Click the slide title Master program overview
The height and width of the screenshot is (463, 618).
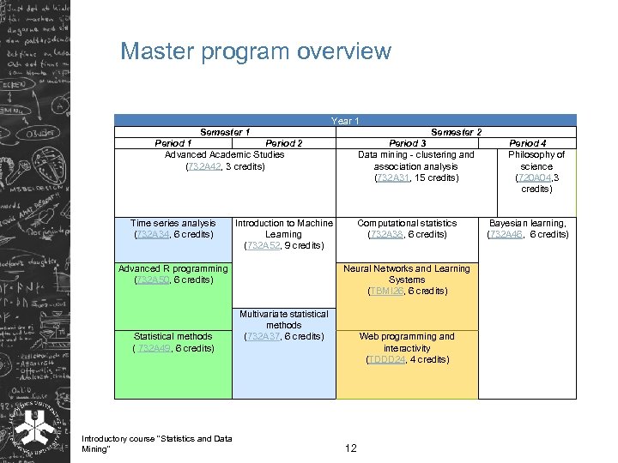click(255, 51)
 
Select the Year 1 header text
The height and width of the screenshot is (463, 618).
click(345, 121)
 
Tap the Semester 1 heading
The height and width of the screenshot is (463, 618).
click(225, 132)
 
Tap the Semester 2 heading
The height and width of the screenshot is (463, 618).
click(456, 132)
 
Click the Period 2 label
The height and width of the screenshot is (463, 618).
click(284, 143)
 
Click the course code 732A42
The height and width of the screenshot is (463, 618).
click(203, 166)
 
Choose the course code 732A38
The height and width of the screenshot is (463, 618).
click(385, 234)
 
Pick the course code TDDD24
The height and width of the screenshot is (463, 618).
click(384, 359)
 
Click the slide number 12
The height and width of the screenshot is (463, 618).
click(350, 448)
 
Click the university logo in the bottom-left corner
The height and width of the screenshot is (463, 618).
click(35, 425)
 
